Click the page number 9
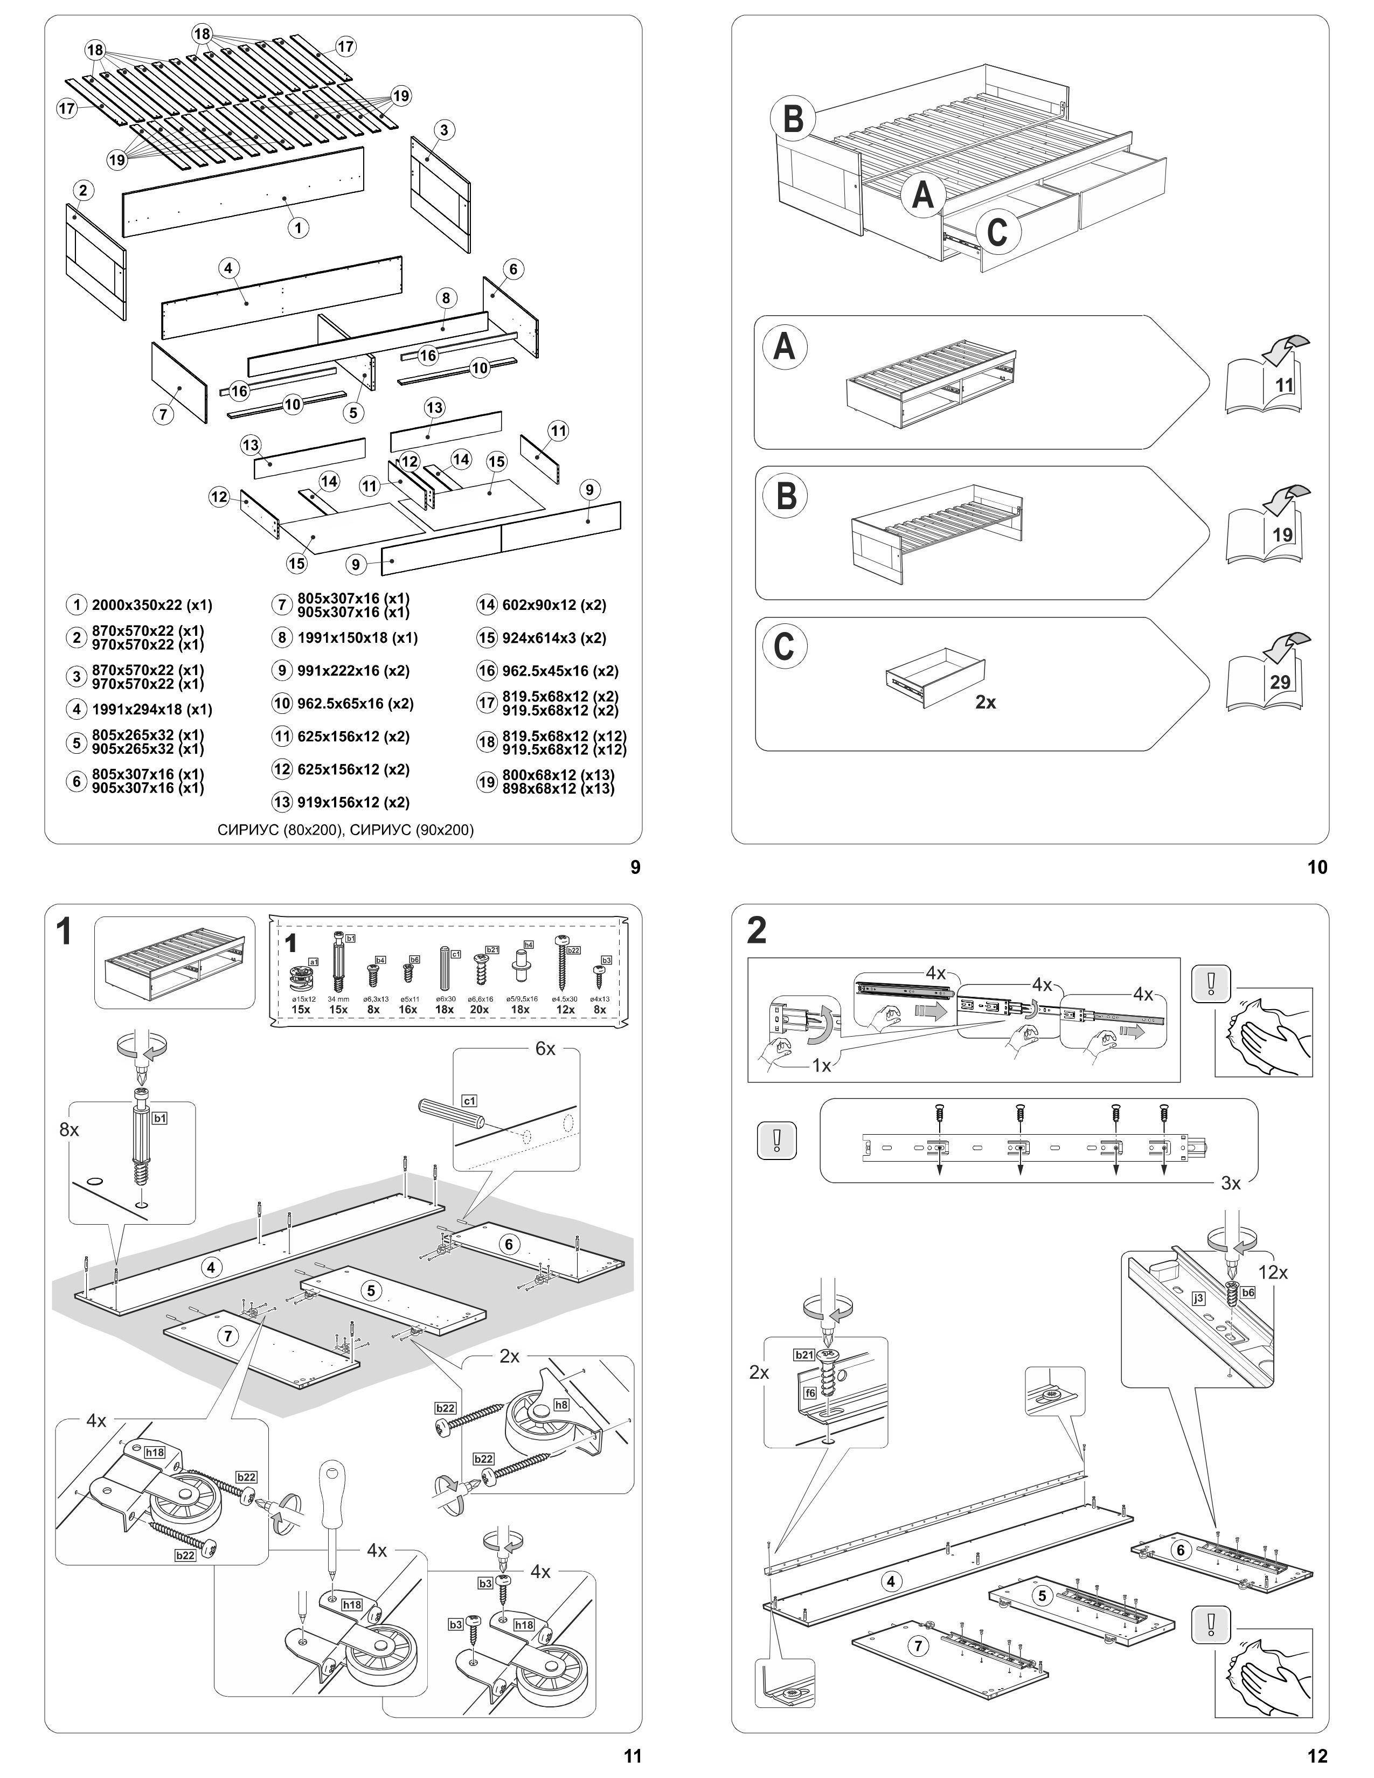point(635,868)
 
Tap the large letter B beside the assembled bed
point(793,119)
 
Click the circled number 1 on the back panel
point(299,228)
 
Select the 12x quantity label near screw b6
point(1272,1272)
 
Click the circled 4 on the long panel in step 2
point(891,1581)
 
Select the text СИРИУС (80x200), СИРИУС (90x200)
point(345,830)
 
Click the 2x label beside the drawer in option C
point(986,702)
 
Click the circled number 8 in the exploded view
point(446,298)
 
